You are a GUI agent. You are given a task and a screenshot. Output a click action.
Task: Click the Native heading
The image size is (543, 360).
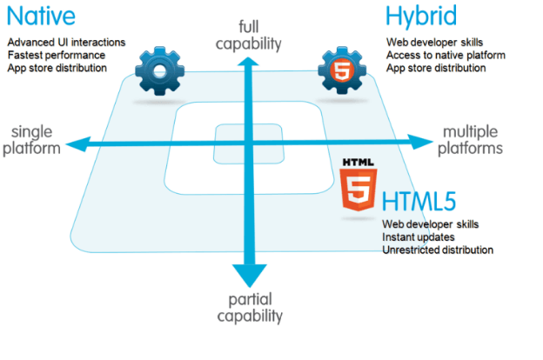(x=41, y=17)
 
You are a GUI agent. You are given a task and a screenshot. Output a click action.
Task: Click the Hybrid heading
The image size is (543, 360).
(x=422, y=18)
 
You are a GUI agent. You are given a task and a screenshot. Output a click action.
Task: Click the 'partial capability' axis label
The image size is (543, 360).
(x=251, y=307)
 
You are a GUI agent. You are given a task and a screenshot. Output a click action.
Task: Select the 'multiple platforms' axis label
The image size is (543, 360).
(x=471, y=140)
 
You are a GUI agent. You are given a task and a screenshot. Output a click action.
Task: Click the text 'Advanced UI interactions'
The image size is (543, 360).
(x=65, y=42)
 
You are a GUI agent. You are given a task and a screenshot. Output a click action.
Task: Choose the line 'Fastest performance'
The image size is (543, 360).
(x=57, y=55)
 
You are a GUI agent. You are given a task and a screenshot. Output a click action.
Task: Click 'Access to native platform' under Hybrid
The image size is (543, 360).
(x=445, y=55)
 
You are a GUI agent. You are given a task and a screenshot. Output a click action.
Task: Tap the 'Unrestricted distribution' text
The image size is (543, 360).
(x=438, y=250)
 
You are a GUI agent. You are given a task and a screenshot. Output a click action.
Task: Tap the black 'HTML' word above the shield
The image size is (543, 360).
(x=359, y=162)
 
